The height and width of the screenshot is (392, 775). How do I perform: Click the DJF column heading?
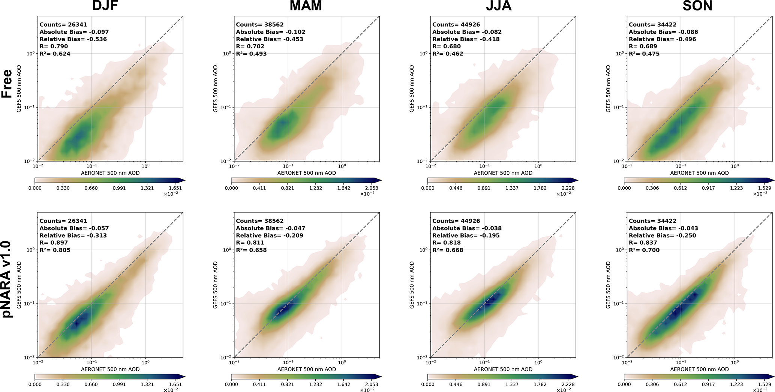(x=105, y=6)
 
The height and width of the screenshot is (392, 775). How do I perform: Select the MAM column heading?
(x=306, y=6)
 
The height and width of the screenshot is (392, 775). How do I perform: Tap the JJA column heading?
(x=498, y=6)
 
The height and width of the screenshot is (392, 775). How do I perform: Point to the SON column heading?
(x=697, y=6)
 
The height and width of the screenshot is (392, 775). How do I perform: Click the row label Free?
(x=7, y=84)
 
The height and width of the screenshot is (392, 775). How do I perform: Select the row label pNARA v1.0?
(x=7, y=280)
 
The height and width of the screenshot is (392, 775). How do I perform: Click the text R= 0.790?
(x=54, y=46)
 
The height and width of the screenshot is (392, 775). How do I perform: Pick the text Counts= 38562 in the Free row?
(x=259, y=25)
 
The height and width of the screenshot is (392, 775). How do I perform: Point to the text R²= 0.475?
(x=644, y=54)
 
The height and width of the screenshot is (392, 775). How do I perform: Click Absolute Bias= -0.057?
(x=74, y=228)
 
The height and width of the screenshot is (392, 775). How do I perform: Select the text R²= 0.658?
(x=251, y=250)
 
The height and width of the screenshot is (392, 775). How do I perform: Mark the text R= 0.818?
(x=447, y=243)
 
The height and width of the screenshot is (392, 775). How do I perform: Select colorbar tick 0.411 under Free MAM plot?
(x=259, y=188)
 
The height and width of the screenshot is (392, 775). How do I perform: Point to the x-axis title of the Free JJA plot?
(x=503, y=173)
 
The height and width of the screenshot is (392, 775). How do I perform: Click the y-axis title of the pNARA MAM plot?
(x=216, y=285)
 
